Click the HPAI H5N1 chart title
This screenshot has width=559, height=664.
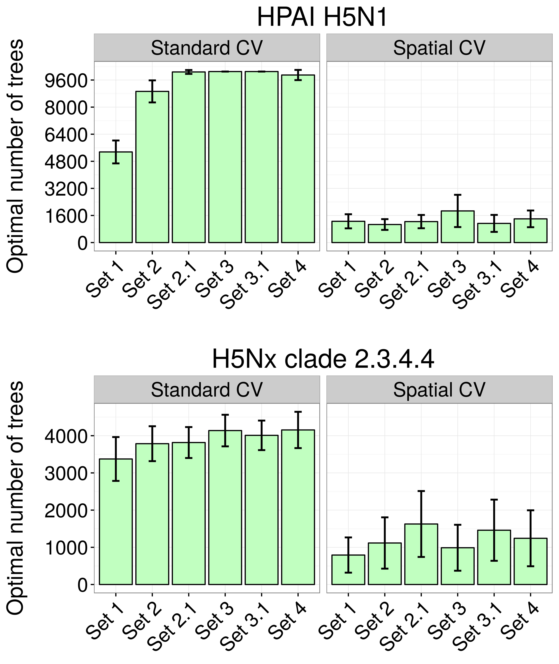coord(322,18)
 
